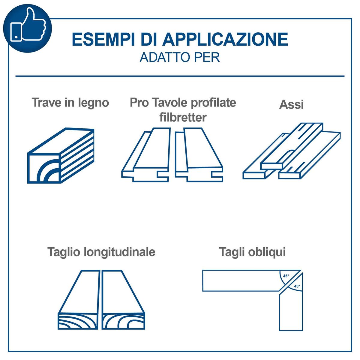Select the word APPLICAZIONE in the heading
[x=225, y=39]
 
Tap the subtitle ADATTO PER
[x=179, y=57]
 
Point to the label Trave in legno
[x=70, y=103]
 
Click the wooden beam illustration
[x=61, y=156]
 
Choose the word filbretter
[x=183, y=118]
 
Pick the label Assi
[x=291, y=104]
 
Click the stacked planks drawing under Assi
[x=291, y=151]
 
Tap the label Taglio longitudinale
[x=101, y=252]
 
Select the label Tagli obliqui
[x=252, y=252]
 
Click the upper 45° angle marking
[x=286, y=276]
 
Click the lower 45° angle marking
[x=297, y=286]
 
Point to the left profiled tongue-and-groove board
[x=146, y=155]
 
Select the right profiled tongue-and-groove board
[x=199, y=155]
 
